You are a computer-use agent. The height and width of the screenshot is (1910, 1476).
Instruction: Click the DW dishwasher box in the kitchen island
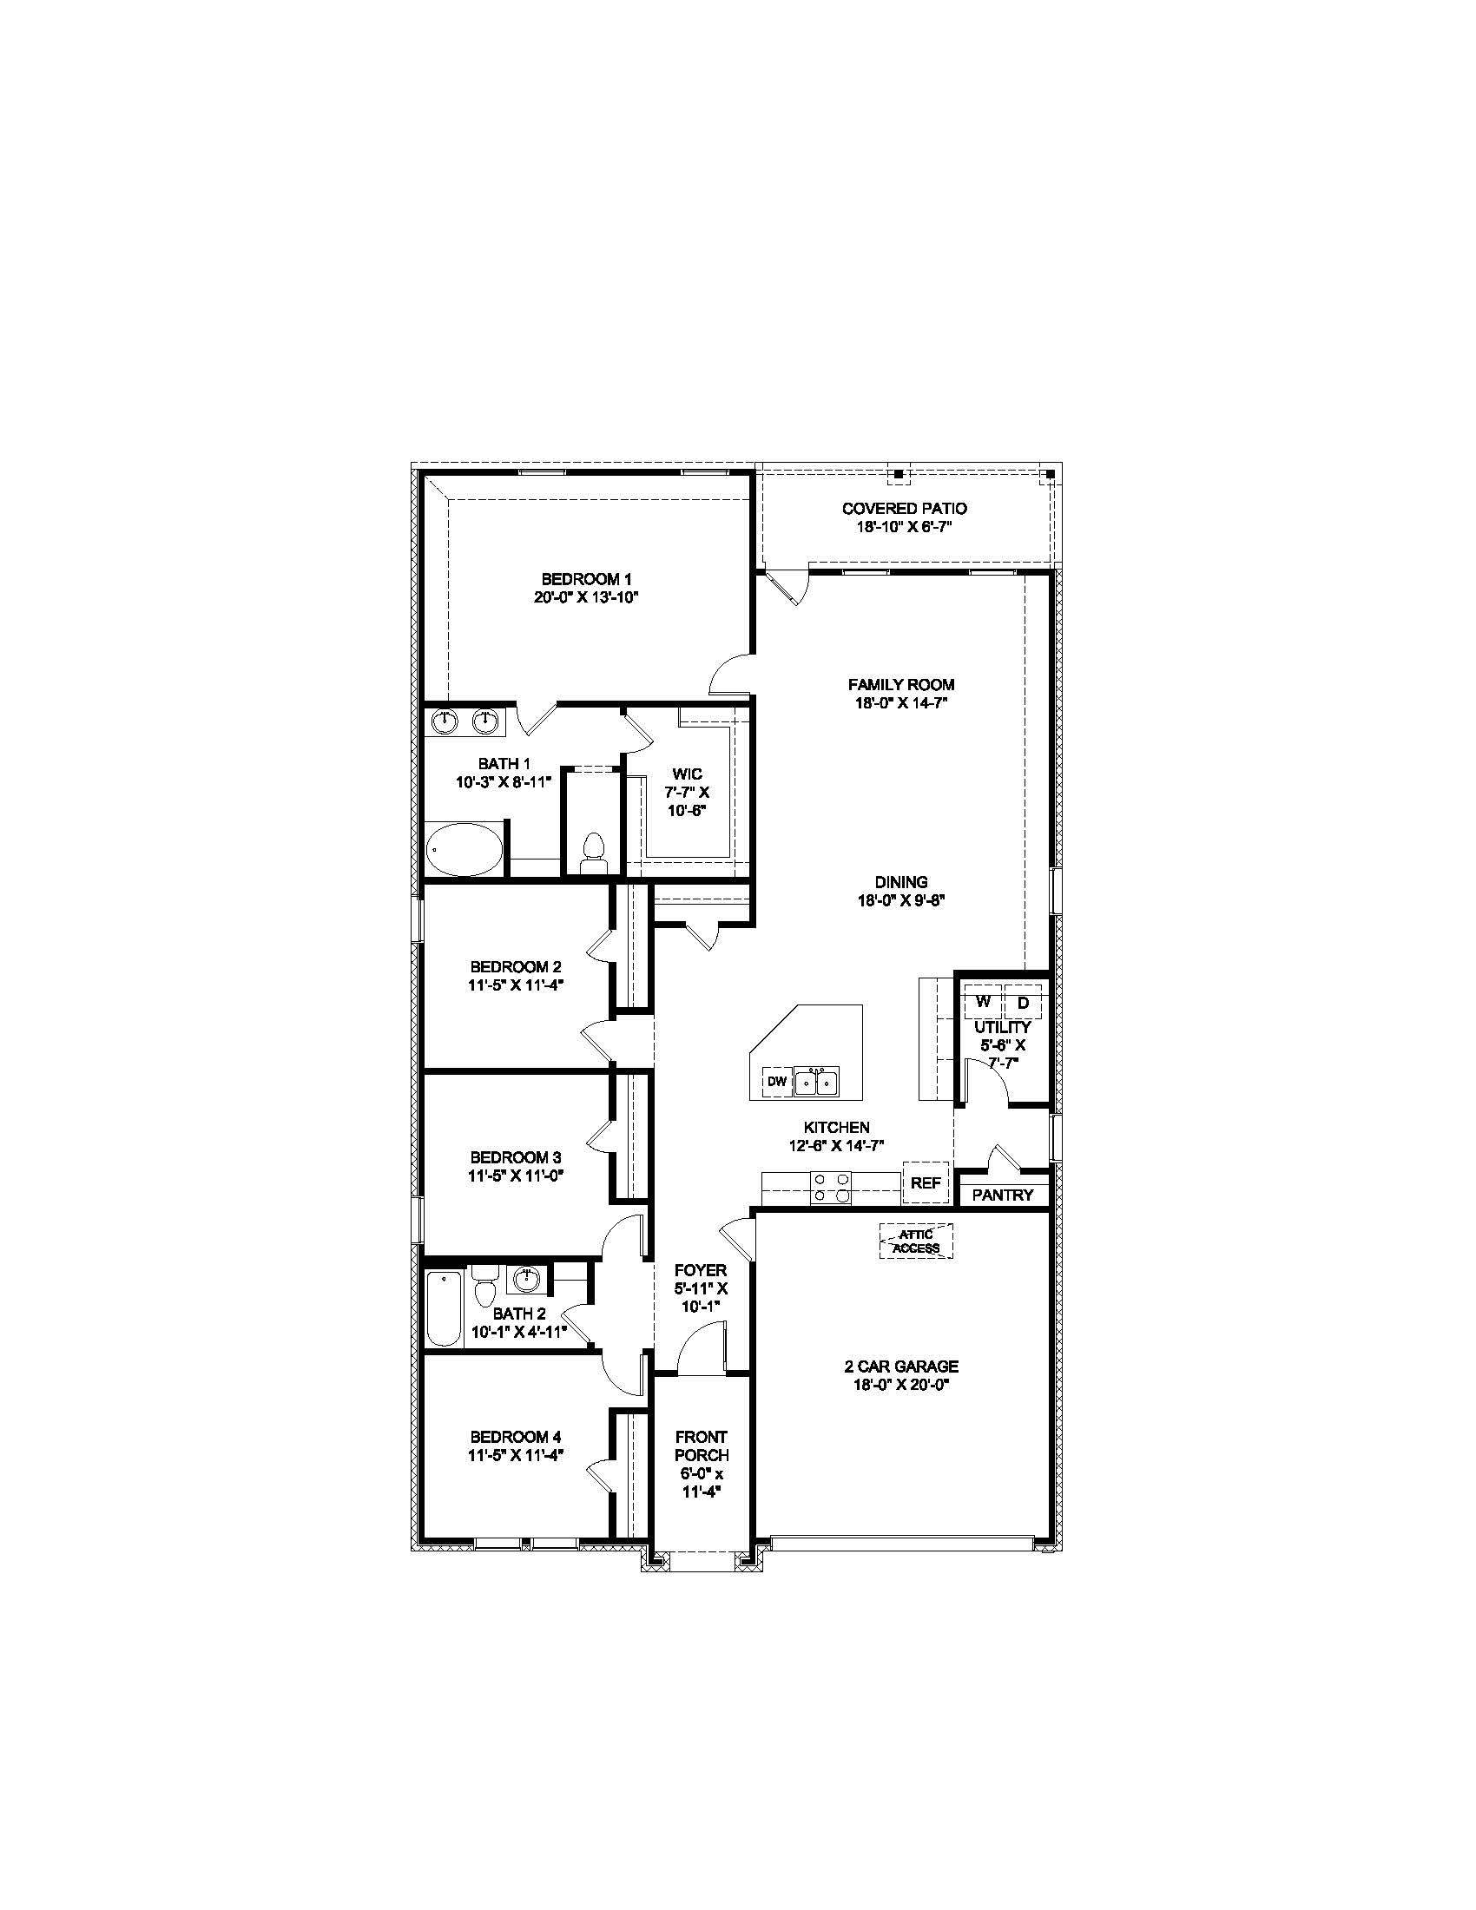point(776,1082)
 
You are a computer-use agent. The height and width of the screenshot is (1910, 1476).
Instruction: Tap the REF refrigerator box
point(926,1183)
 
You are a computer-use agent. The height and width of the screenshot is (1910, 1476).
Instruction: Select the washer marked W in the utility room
point(983,1001)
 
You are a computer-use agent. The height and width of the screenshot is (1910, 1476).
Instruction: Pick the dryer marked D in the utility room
point(1023,1002)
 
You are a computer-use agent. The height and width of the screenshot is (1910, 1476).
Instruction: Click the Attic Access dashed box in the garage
point(915,1241)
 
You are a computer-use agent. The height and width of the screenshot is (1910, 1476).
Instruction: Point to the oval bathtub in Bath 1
point(465,848)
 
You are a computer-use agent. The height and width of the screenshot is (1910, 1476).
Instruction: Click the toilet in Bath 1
point(594,853)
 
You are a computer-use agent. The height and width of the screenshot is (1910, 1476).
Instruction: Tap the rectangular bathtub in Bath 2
point(445,1308)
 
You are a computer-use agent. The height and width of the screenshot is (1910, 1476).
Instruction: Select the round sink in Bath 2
point(525,1280)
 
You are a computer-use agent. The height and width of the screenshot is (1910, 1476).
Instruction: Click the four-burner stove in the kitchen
point(831,1188)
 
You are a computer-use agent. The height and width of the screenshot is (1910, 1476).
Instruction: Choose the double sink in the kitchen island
point(816,1082)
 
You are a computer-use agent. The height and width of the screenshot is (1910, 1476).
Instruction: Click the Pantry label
point(1002,1195)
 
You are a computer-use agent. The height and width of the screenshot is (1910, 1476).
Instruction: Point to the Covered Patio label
point(904,508)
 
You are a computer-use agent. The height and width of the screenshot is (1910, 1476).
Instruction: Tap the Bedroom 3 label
point(515,1156)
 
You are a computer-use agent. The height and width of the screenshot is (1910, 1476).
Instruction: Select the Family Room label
point(900,685)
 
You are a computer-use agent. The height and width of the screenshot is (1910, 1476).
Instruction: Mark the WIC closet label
point(687,774)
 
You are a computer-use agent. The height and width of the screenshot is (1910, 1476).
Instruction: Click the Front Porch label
point(702,1446)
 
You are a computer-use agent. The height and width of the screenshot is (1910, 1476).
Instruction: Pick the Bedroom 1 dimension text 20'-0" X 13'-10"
point(587,597)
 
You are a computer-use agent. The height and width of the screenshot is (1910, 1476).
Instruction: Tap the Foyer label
point(701,1269)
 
